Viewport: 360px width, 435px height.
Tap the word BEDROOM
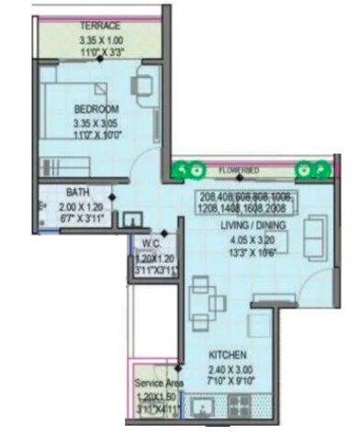pos(97,108)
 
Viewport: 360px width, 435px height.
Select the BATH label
pos(78,193)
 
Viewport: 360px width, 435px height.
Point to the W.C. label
pos(152,243)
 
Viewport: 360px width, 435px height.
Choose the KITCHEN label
pos(225,353)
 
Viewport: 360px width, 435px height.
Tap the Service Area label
pos(158,382)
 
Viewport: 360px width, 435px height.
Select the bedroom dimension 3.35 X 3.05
pos(97,122)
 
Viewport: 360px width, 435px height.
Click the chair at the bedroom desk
pos(141,84)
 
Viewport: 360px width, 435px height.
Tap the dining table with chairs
pos(202,303)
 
